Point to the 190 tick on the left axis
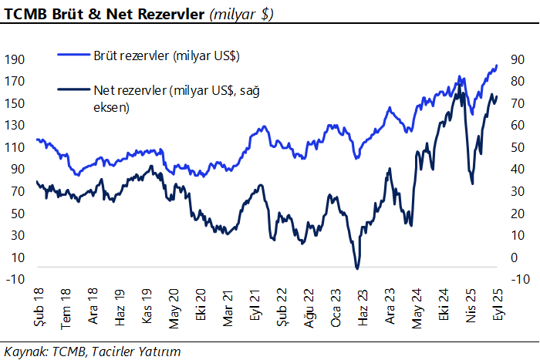point(15,59)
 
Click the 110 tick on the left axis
point(15,147)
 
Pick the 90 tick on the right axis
point(516,59)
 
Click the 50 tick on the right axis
point(516,147)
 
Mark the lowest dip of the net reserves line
point(357,268)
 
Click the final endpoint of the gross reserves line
point(497,66)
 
